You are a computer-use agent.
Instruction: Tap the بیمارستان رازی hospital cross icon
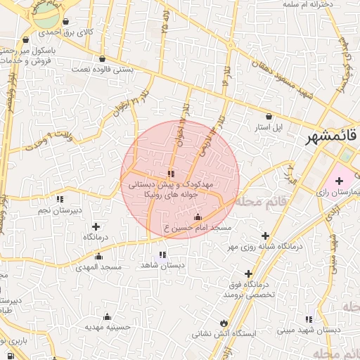coord(339,181)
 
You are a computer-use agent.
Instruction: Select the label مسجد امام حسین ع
coord(197,229)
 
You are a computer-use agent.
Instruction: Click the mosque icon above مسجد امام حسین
coord(197,217)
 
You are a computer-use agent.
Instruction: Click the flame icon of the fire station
coord(224,323)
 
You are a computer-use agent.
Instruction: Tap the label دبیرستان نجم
coord(60,210)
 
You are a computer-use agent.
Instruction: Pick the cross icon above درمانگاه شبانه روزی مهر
coord(265,236)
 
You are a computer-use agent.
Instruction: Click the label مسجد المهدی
coord(101,267)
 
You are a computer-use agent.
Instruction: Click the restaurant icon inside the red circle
coord(172,173)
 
